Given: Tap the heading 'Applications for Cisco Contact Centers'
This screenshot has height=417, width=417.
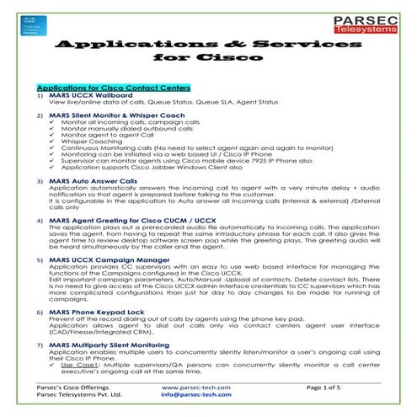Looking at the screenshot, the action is click(114, 88).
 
